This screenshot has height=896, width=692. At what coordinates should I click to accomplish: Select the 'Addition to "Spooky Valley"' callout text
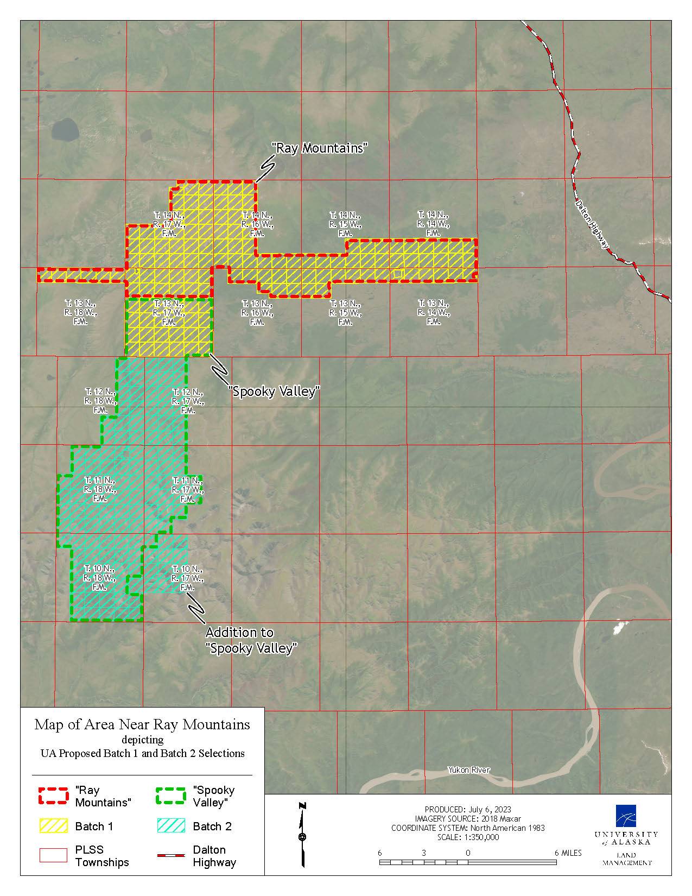[252, 640]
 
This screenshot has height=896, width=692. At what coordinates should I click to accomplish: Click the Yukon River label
[468, 769]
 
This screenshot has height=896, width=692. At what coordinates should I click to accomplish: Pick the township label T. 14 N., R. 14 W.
[433, 223]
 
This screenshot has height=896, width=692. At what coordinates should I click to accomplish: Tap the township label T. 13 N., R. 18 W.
[81, 312]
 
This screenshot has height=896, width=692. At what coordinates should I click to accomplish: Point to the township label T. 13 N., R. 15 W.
[345, 312]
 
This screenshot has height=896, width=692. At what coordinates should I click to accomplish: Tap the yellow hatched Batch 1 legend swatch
[53, 826]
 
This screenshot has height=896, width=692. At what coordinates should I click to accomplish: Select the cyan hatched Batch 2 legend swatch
[170, 826]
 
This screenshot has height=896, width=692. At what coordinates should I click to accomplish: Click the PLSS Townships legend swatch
[53, 855]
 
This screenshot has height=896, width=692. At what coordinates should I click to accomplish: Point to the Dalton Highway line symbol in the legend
[170, 855]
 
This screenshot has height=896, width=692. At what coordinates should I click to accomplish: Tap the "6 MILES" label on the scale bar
[568, 853]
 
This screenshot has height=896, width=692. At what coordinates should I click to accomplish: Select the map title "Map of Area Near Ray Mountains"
[142, 724]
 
